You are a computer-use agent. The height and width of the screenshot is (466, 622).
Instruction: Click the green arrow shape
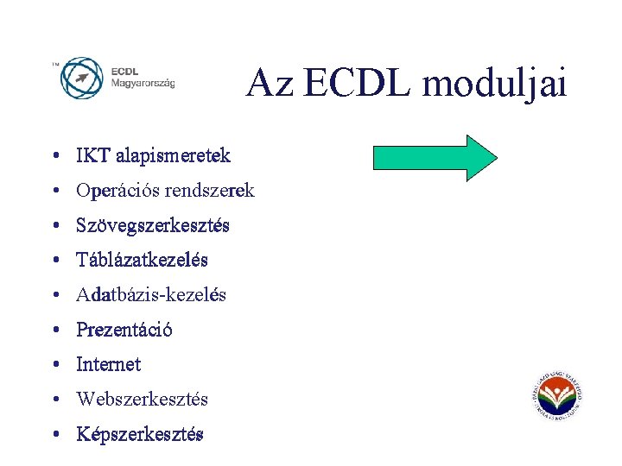435,158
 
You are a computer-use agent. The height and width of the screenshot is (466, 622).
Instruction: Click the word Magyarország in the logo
143,84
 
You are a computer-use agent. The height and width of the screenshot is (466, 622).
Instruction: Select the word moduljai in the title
495,84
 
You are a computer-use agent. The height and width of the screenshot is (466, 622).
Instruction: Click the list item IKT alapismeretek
153,156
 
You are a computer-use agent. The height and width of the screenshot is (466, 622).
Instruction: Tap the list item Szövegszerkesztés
153,225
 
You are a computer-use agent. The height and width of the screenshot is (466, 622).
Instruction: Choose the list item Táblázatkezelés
142,260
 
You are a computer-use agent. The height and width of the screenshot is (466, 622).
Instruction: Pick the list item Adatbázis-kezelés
151,295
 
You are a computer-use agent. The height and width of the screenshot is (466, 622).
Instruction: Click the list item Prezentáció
124,330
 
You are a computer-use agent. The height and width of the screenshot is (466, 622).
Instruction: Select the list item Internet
108,364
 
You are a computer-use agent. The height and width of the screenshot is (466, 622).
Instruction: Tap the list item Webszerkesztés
142,399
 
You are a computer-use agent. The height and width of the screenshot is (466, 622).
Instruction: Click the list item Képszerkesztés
140,434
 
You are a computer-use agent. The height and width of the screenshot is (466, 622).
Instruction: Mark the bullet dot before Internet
54,365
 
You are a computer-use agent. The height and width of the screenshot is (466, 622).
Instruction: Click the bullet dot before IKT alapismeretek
54,157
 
